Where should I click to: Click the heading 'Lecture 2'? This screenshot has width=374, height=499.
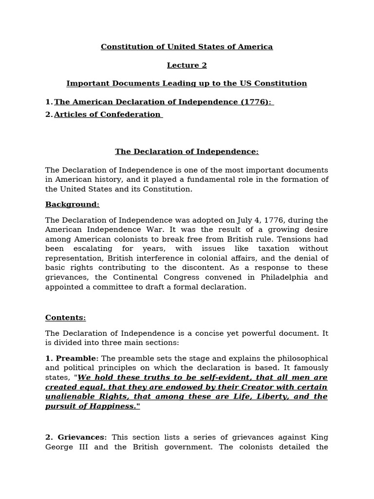187,65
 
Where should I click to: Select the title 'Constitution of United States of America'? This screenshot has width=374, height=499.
187,47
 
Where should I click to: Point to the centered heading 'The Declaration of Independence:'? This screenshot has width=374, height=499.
187,152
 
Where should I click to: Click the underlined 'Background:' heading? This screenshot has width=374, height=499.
72,205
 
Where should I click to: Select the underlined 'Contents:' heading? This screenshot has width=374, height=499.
65,318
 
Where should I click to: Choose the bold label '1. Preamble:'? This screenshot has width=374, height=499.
72,359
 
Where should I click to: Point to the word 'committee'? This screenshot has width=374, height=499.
117,287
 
